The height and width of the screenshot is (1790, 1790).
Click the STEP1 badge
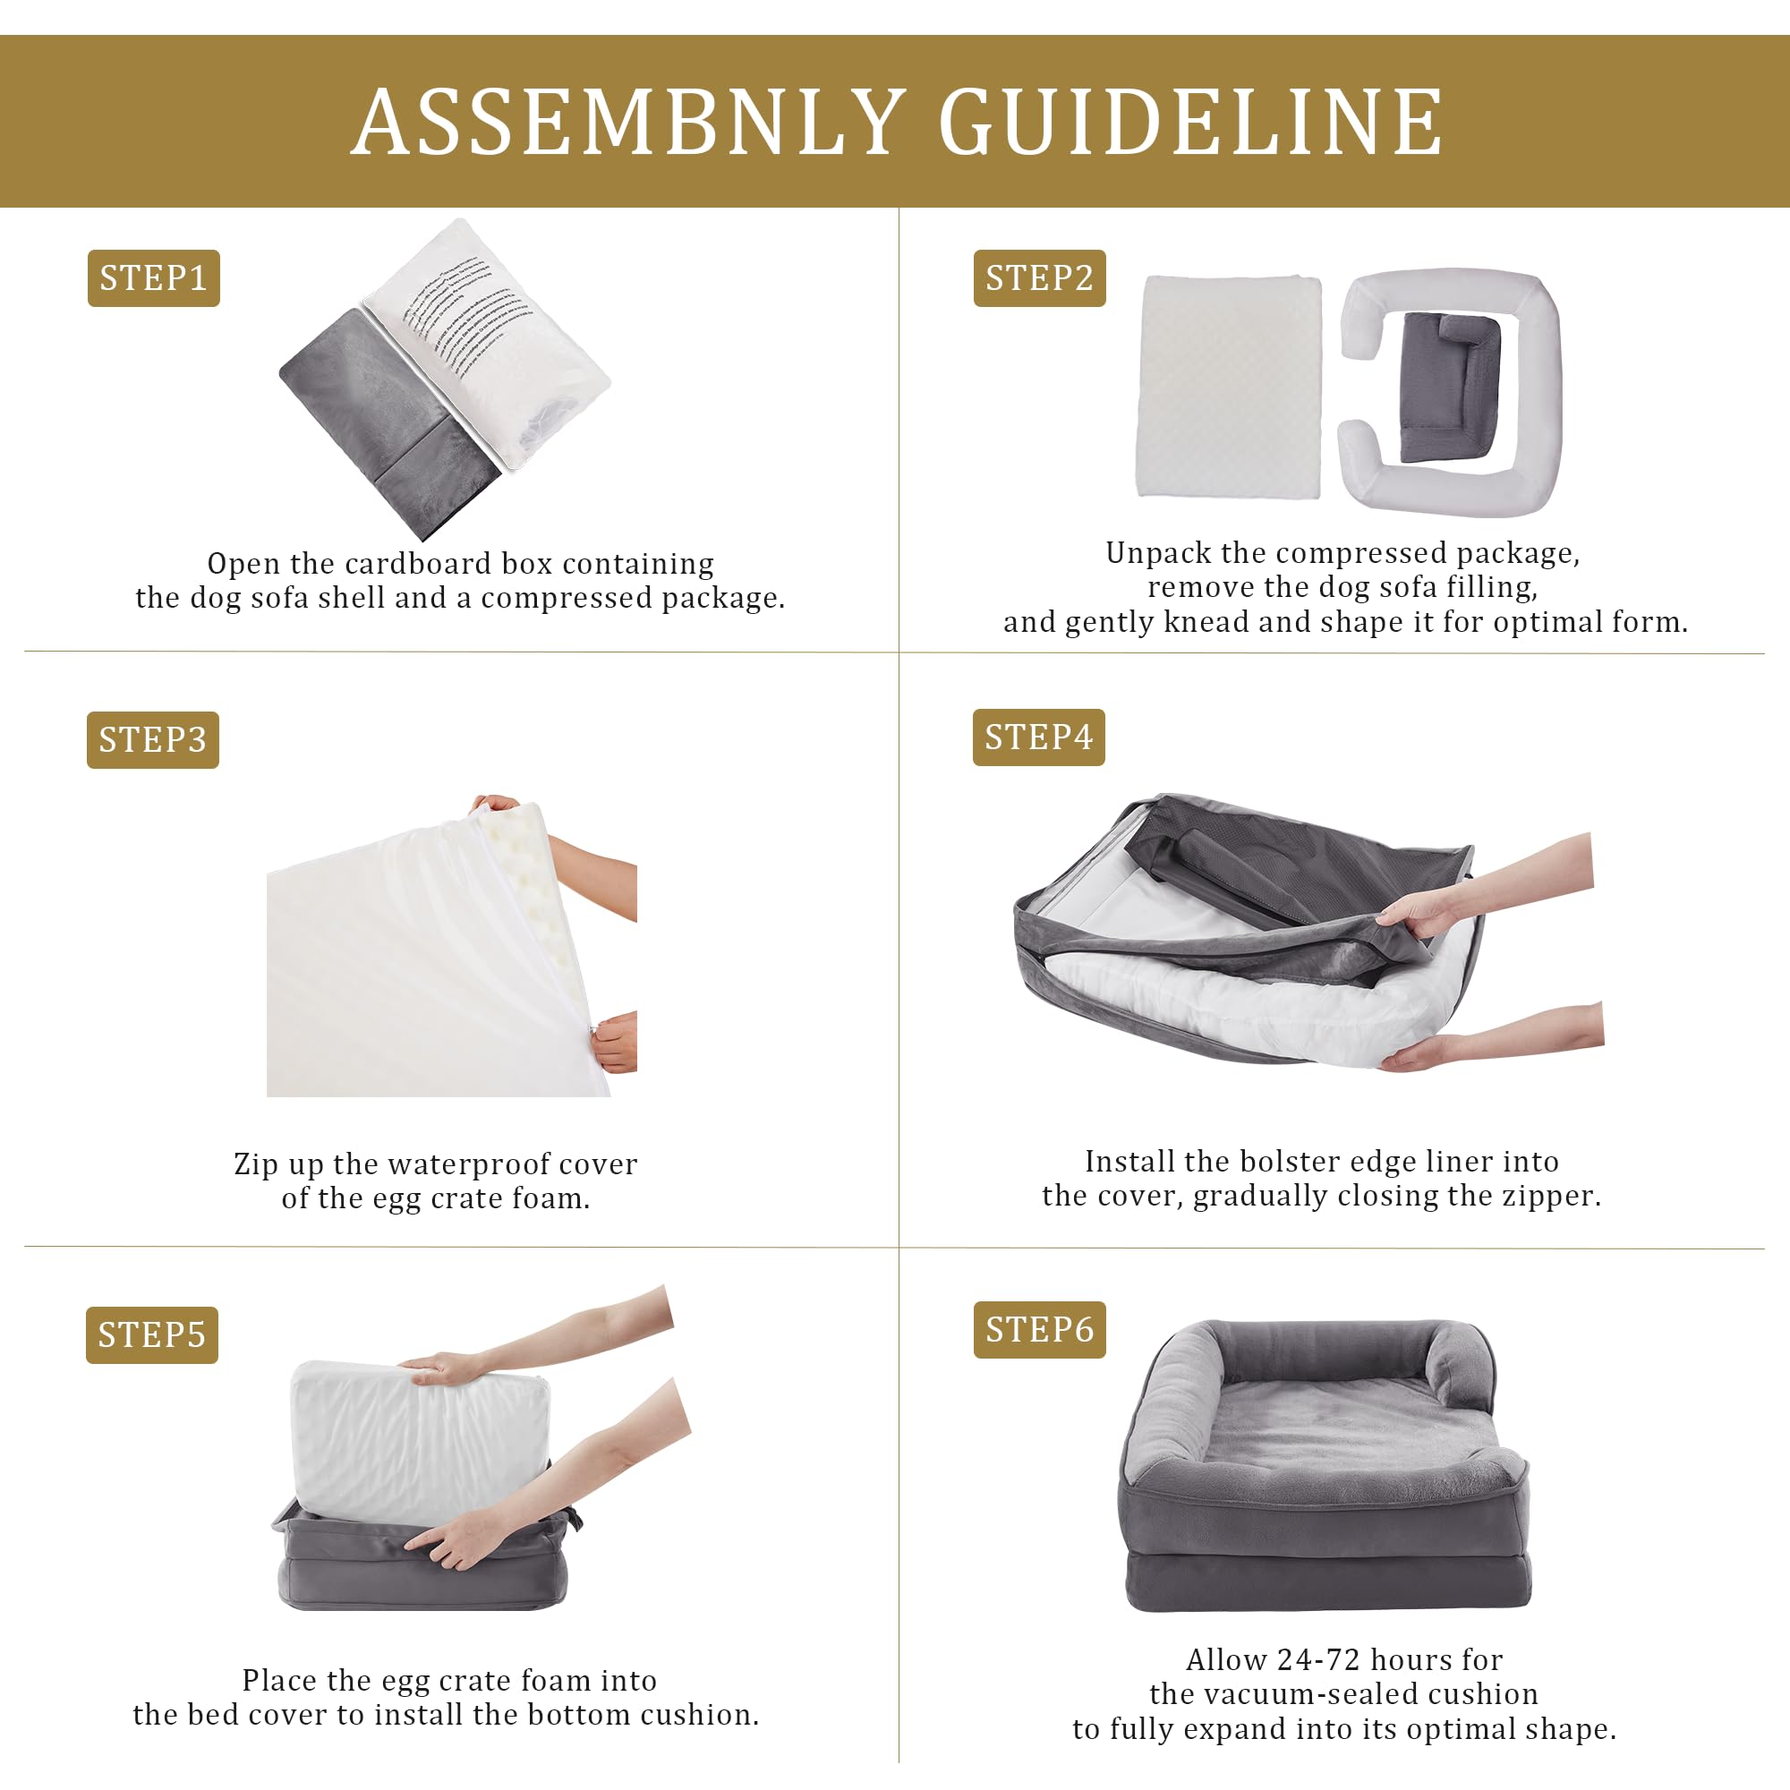pos(154,278)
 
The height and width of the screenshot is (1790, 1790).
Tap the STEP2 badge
pos(1039,278)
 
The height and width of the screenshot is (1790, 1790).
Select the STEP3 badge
pos(153,739)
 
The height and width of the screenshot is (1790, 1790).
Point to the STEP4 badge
pos(1038,737)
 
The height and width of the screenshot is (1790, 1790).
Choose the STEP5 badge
pos(152,1335)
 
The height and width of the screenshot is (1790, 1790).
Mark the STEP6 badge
pos(1039,1330)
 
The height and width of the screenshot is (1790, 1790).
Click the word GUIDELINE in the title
pos(1190,124)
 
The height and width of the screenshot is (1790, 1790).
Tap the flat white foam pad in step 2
pos(1230,387)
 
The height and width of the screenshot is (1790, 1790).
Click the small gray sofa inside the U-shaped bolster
pos(1449,388)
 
